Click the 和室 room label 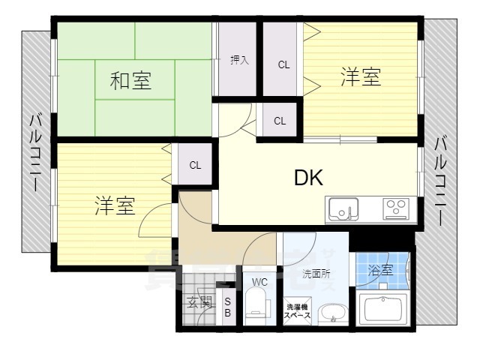131,80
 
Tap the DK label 308,178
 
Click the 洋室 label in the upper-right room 361,77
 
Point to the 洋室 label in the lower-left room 115,206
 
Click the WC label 259,282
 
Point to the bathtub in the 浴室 382,307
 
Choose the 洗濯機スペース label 297,312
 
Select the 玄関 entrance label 199,303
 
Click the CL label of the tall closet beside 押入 283,64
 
